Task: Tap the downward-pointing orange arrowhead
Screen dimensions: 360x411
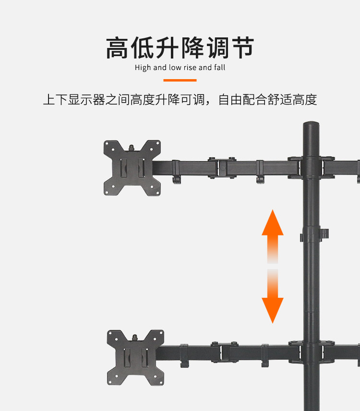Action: [x=273, y=309]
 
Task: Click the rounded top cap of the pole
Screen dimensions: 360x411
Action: [x=311, y=126]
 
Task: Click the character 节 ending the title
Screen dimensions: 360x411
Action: [x=241, y=48]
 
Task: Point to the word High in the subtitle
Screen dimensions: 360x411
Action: [x=143, y=68]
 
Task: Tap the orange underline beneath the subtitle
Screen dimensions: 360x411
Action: [x=180, y=80]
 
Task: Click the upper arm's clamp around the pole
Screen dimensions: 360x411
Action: [x=311, y=167]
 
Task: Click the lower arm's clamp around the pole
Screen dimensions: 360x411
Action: [x=311, y=352]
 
